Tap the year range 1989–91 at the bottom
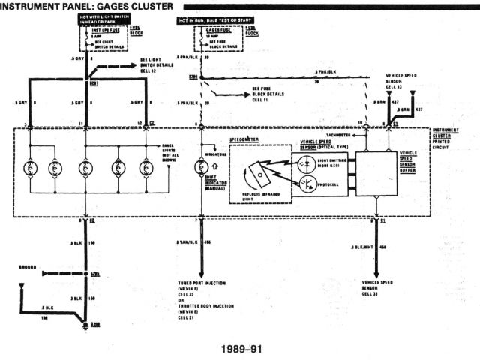(242, 349)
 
